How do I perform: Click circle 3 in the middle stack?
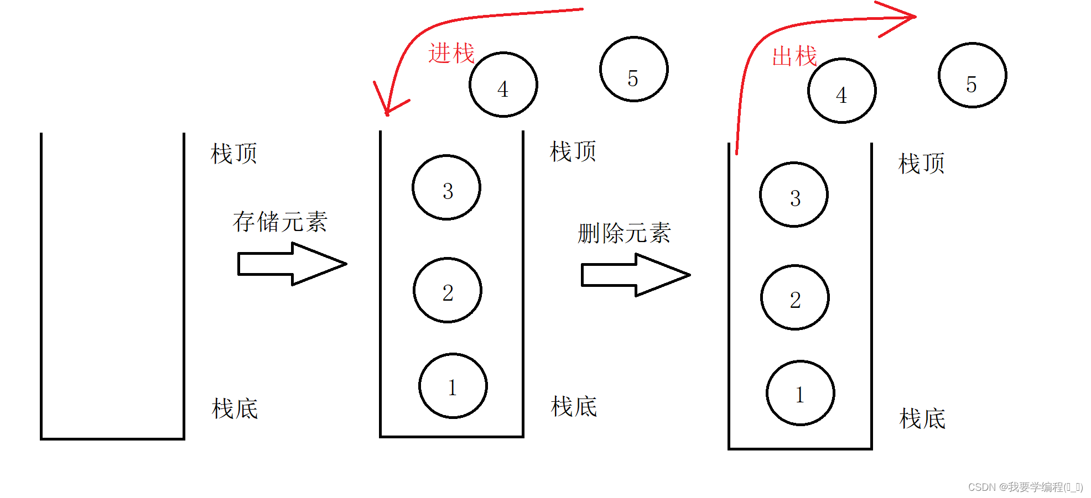tap(446, 188)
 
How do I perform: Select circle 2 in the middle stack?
tap(448, 290)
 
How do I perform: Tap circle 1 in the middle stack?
tap(453, 386)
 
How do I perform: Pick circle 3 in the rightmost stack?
tap(794, 195)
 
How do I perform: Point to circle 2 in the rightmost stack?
tap(795, 297)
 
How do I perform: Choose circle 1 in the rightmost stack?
tap(800, 393)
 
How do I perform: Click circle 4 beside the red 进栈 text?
tap(503, 85)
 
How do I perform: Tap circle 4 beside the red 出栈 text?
tap(841, 91)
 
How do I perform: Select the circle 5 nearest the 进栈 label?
tap(634, 70)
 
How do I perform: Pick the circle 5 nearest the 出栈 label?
tap(972, 76)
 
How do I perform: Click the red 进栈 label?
tap(451, 54)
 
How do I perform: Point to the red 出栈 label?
tap(794, 56)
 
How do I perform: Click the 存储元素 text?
tap(280, 222)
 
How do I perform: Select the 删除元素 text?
tap(624, 233)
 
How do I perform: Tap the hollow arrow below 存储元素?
tap(292, 264)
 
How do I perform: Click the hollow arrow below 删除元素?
tap(635, 275)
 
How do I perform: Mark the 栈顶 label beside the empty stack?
tap(234, 154)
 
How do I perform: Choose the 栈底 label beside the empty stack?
tap(235, 409)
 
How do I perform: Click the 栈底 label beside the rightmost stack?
tap(922, 418)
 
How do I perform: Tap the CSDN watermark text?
tap(1025, 487)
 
